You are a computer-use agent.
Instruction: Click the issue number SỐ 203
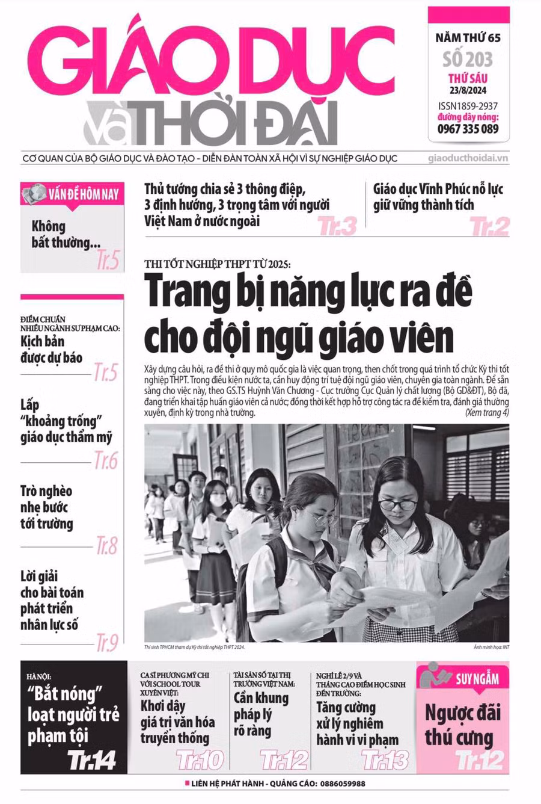click(x=468, y=59)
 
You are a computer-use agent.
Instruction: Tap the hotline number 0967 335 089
click(x=468, y=129)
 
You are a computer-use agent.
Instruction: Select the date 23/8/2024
click(x=468, y=91)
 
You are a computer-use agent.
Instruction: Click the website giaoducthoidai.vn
click(x=468, y=158)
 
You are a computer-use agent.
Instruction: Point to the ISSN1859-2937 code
click(x=468, y=106)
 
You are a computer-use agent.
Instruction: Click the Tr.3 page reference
click(x=337, y=226)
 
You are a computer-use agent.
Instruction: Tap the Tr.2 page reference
click(x=490, y=226)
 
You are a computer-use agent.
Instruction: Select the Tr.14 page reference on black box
click(x=91, y=759)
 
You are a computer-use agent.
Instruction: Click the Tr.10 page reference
click(x=200, y=760)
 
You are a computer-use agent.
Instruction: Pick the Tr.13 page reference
click(x=385, y=760)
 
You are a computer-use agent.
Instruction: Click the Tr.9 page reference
click(x=107, y=643)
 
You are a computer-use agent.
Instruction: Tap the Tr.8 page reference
click(x=107, y=545)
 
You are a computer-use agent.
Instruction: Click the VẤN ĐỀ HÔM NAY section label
click(x=84, y=194)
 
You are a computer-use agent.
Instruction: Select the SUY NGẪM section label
click(x=477, y=679)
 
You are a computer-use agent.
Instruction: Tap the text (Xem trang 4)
click(x=487, y=413)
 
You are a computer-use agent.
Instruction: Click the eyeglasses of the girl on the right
click(x=397, y=504)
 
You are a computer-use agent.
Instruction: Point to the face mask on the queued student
click(x=218, y=500)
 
